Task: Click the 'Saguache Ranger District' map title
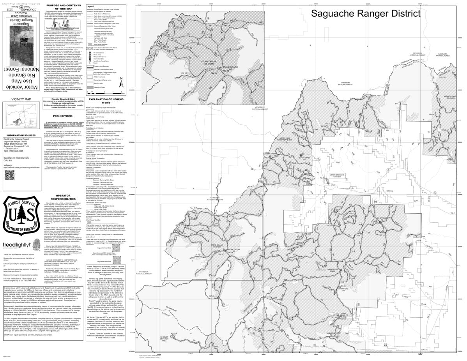(365, 13)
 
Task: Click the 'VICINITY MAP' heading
(21, 99)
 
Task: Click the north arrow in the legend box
(121, 83)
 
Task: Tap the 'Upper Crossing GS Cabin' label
(338, 176)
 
